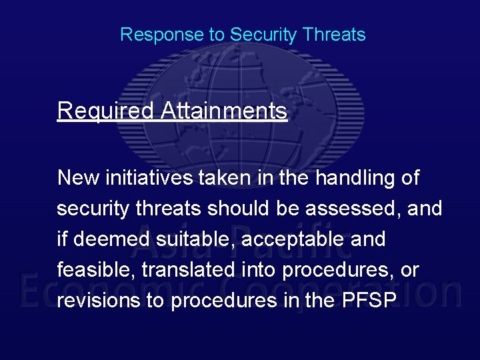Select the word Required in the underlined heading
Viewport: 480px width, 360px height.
[105, 111]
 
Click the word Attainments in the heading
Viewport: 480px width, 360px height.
[224, 111]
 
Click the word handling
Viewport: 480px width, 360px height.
[354, 178]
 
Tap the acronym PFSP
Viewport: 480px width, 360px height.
[370, 301]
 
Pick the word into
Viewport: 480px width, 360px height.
[258, 270]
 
